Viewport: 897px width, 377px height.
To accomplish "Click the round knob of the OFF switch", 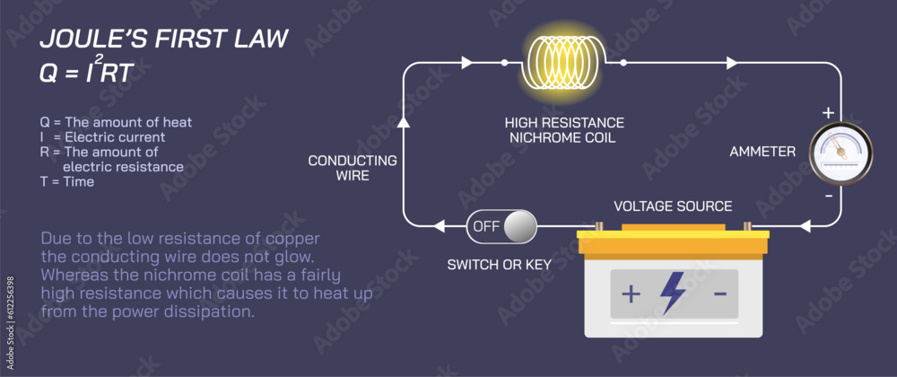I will pos(518,227).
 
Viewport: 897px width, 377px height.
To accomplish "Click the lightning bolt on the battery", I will pos(672,293).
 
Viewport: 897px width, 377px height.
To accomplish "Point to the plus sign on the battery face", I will pos(631,294).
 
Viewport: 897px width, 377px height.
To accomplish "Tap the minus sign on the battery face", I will pos(719,294).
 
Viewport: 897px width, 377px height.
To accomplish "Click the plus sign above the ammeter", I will pos(828,113).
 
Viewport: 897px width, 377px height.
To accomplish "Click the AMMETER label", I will pos(762,152).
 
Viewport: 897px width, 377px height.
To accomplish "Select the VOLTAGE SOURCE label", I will pos(673,206).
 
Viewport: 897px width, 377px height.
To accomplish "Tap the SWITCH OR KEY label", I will pos(500,264).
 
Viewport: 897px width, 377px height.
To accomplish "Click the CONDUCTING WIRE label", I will pos(353,168).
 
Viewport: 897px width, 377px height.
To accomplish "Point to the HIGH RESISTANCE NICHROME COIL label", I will pos(564,129).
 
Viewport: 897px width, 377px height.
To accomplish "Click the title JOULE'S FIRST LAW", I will pos(163,39).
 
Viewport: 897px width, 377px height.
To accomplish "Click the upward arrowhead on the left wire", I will pos(403,119).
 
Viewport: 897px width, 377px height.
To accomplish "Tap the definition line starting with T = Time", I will pos(66,181).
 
